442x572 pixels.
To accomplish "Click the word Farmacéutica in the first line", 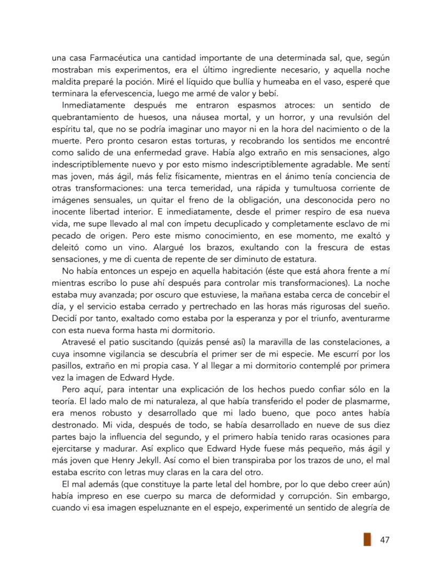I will click(105, 58).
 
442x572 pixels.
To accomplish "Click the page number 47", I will click(384, 540).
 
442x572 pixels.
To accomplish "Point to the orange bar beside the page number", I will click(367, 539).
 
